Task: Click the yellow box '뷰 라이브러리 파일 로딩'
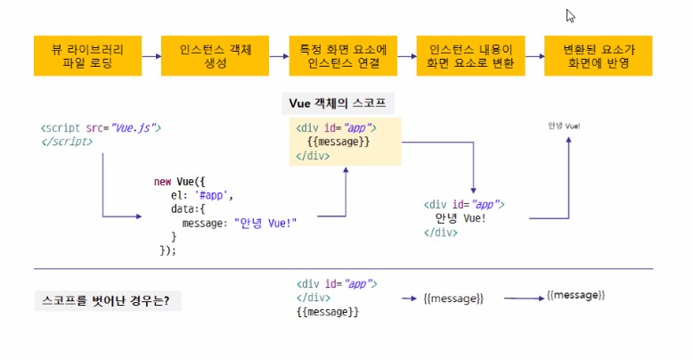[x=87, y=55]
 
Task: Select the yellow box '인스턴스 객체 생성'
[x=216, y=55]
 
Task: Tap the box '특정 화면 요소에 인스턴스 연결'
[x=343, y=55]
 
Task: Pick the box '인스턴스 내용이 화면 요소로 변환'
[x=470, y=55]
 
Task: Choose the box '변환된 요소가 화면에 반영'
[x=598, y=55]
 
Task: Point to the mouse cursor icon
[x=570, y=15]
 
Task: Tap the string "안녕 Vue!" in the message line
[x=265, y=223]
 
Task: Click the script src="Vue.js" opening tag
[x=101, y=128]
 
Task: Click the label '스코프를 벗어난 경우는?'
[x=106, y=300]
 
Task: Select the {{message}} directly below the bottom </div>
[x=328, y=312]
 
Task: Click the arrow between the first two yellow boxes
[x=151, y=55]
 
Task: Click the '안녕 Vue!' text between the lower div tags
[x=461, y=217]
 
